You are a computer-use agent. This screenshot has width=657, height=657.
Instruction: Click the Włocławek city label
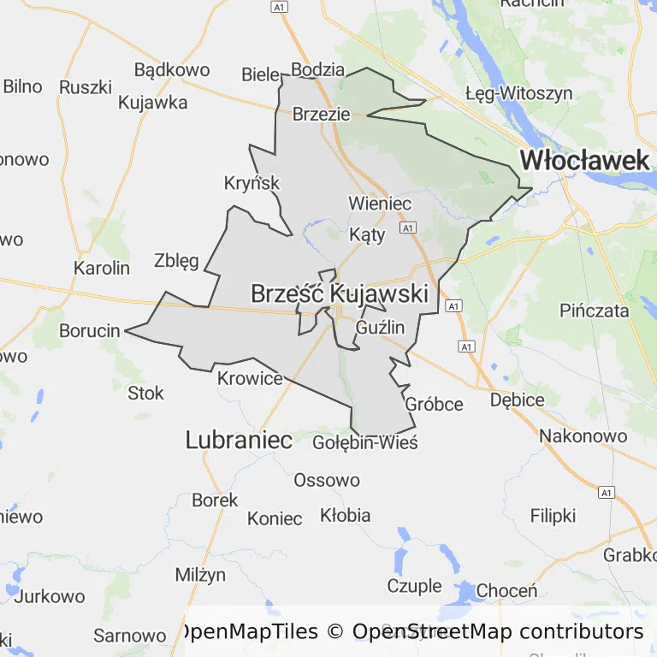pos(585,160)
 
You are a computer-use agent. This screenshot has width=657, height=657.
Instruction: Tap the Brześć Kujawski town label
pos(339,293)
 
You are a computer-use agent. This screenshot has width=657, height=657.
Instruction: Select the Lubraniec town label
pos(239,441)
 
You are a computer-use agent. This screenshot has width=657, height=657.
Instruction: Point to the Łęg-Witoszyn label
pos(518,93)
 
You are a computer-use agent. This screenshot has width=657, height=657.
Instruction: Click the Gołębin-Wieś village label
pos(364,443)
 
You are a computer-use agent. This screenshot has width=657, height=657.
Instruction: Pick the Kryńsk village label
pos(252,183)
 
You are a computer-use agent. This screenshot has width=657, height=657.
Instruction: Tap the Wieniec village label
pos(380,204)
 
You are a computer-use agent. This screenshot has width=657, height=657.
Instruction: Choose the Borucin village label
pos(89,330)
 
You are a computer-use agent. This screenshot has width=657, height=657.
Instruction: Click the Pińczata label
pos(595,310)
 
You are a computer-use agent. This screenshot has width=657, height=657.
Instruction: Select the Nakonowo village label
pos(583,436)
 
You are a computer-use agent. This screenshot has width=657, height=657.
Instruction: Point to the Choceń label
pos(506,590)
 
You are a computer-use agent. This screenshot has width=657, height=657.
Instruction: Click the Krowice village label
pos(250,378)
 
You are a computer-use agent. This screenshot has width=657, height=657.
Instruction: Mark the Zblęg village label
pos(176,261)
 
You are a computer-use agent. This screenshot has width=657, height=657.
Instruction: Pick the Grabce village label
pos(630,554)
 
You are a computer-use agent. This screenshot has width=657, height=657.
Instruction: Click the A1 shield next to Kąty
pos(407,228)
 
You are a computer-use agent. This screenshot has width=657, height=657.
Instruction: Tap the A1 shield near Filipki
pos(607,493)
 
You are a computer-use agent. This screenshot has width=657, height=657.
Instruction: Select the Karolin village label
pos(102,268)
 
